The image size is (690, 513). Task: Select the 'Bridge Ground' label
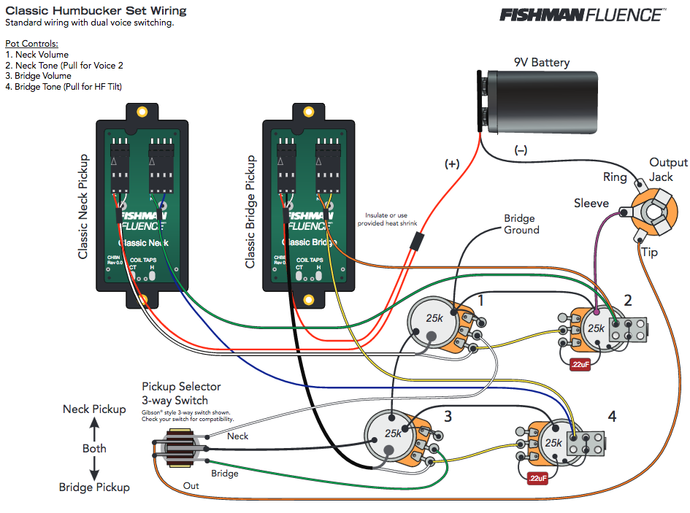click(521, 224)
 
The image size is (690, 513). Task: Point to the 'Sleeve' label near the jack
click(591, 203)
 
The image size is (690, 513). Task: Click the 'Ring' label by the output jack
click(615, 177)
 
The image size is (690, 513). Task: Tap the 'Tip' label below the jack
click(648, 252)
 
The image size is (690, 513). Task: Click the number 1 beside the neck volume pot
click(480, 300)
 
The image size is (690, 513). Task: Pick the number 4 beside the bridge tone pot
click(612, 417)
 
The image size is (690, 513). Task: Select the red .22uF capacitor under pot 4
click(538, 479)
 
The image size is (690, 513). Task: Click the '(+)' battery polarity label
click(452, 164)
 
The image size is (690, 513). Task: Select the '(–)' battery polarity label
click(521, 150)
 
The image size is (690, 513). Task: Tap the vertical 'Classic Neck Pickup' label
click(83, 207)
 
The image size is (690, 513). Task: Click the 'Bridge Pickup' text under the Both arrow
click(94, 487)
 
